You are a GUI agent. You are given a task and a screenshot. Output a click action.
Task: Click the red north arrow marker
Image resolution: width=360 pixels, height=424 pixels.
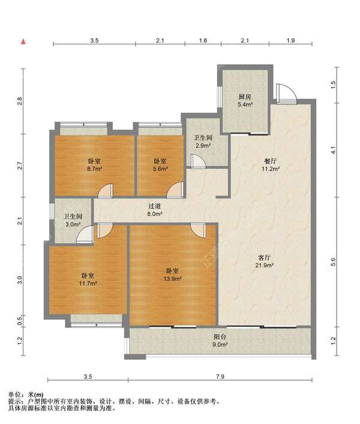tap(23, 41)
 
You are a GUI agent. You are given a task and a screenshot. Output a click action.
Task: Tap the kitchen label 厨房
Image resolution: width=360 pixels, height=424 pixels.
tap(245, 97)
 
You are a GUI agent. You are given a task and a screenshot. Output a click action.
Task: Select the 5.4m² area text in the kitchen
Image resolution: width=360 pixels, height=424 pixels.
tap(245, 104)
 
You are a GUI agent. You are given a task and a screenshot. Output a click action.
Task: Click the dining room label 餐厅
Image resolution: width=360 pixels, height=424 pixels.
tap(270, 161)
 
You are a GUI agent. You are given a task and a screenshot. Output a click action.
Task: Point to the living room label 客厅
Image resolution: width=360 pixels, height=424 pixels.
tap(264, 257)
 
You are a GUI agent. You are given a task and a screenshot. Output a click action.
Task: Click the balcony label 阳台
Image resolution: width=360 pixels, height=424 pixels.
tap(220, 336)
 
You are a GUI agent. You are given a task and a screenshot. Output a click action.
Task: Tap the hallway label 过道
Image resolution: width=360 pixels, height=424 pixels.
tap(155, 206)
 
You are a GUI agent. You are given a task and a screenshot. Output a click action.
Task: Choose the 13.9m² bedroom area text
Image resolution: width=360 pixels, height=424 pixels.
tap(172, 278)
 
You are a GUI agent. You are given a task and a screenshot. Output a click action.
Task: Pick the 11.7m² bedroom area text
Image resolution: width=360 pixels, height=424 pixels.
tap(88, 284)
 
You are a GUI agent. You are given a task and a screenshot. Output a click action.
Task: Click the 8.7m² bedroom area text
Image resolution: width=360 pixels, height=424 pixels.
tap(94, 169)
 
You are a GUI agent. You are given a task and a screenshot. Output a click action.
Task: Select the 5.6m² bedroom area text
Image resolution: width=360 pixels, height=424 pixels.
tap(160, 169)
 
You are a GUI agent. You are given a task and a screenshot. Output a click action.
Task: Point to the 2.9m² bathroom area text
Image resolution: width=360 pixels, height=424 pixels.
tap(203, 146)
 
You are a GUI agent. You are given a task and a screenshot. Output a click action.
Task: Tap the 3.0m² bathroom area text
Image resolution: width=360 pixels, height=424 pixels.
tap(73, 224)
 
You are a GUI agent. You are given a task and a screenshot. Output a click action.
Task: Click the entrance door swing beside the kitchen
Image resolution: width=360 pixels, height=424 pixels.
tap(286, 94)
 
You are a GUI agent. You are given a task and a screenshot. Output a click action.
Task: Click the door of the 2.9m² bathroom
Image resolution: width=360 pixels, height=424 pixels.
tap(198, 161)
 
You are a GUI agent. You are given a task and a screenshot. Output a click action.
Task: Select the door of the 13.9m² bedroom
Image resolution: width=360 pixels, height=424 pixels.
tap(198, 230)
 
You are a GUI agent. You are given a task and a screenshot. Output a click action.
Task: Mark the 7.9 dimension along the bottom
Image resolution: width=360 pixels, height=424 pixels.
tap(220, 377)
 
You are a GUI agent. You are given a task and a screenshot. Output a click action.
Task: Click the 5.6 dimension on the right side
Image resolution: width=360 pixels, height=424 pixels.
tap(333, 262)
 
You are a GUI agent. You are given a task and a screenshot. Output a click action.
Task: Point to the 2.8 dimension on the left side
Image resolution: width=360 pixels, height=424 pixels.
tap(19, 101)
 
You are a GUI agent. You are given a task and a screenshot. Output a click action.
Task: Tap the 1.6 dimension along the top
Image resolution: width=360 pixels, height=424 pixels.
tap(203, 41)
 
